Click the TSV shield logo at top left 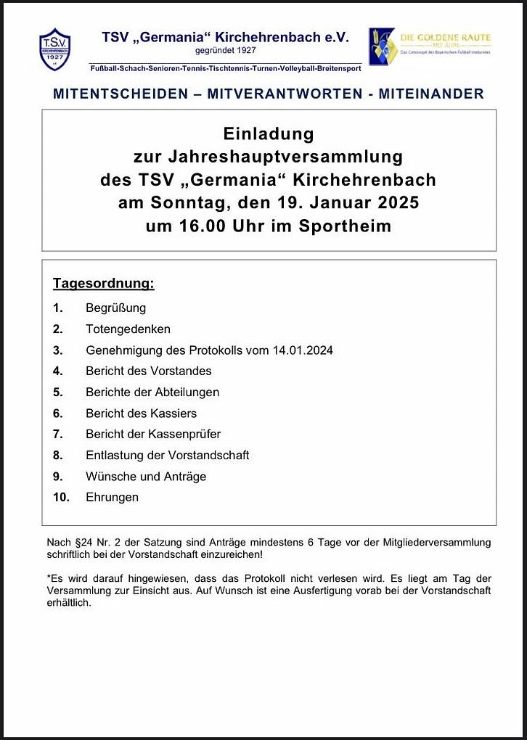(55, 49)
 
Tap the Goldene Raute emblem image (382, 46)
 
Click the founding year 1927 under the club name (243, 51)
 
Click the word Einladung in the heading (269, 134)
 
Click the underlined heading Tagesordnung (104, 284)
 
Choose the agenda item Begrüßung (115, 308)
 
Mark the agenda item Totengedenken (128, 329)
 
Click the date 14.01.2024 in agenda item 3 (303, 350)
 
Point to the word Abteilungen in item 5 (187, 392)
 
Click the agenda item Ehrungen (112, 498)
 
